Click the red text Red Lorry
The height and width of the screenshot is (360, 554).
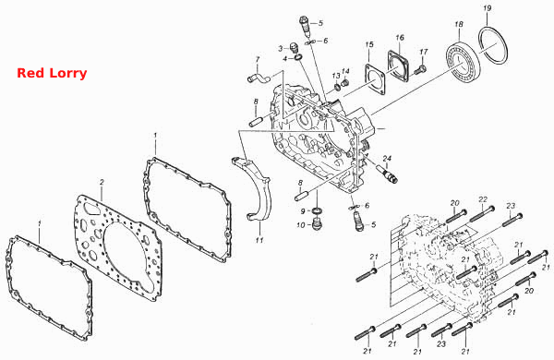tap(52, 73)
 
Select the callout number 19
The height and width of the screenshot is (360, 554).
tap(488, 8)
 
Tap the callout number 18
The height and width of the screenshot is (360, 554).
tap(459, 24)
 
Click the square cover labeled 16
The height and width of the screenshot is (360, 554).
tap(399, 66)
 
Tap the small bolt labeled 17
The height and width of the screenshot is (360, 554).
tap(419, 69)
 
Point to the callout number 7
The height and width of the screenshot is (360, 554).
tap(258, 59)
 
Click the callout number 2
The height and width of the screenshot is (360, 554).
tap(102, 182)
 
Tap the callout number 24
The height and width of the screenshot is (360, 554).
tap(387, 159)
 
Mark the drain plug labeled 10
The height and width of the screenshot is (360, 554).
tap(317, 223)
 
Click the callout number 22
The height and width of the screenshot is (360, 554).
tap(483, 199)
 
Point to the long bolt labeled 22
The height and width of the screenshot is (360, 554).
tap(481, 214)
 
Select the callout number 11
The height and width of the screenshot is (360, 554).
tap(259, 240)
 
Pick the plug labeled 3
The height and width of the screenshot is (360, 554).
tap(294, 48)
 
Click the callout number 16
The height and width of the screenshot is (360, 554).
tap(400, 38)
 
